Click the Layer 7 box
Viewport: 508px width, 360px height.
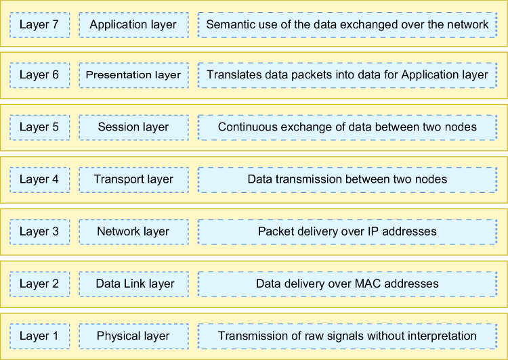point(40,25)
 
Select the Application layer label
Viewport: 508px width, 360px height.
point(133,24)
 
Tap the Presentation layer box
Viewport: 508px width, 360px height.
point(134,75)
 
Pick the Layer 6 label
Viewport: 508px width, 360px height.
point(39,75)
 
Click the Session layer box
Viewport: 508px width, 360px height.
point(134,127)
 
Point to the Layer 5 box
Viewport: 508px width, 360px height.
point(40,127)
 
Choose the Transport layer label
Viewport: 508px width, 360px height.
point(133,179)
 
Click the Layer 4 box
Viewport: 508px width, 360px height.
point(40,180)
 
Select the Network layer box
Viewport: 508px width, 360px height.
point(134,232)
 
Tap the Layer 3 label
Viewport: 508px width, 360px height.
point(39,231)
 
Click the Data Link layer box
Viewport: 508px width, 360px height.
point(134,284)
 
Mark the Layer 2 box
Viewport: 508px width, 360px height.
point(40,284)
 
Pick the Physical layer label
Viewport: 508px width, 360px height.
point(133,336)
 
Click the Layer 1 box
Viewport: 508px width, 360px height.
point(40,336)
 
